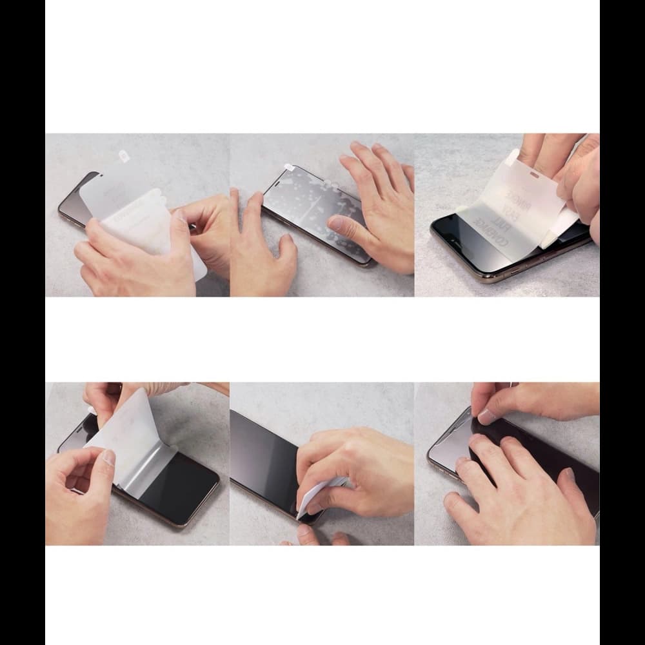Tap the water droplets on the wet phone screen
point(303,206)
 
